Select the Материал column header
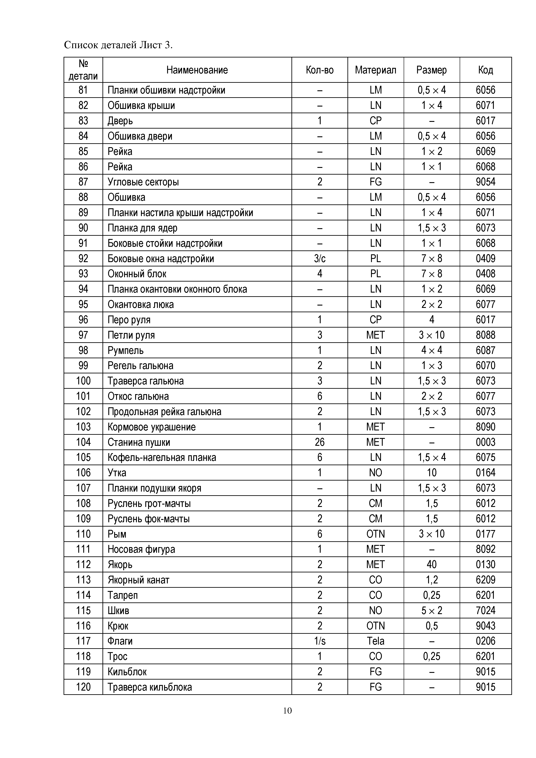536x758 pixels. coord(376,70)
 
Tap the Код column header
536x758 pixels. coord(485,70)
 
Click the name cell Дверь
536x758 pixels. coord(120,121)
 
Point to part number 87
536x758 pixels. coord(83,182)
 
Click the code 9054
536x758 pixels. coord(485,182)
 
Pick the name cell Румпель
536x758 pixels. coord(125,350)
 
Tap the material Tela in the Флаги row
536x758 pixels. coord(376,641)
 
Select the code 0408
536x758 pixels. coord(485,274)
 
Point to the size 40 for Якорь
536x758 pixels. coord(432,565)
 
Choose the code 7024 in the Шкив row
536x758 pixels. coord(485,610)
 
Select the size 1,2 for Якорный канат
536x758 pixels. coord(432,580)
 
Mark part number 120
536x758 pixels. coord(83,687)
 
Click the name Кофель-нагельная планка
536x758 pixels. coord(162,458)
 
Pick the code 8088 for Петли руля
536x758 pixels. coord(485,335)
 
